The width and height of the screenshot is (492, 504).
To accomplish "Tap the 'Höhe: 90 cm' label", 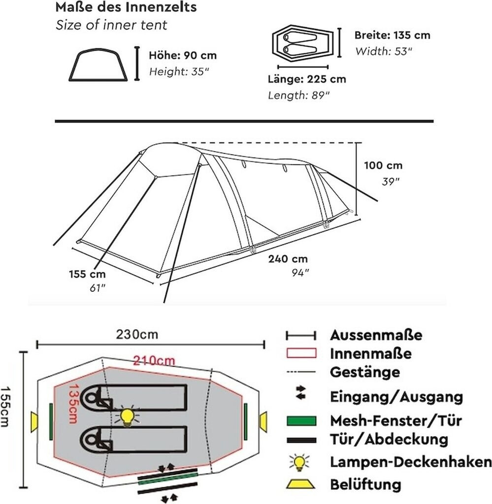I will point(183,56).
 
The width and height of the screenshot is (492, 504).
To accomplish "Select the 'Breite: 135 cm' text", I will point(392,35).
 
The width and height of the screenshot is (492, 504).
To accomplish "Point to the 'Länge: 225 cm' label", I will point(307,79).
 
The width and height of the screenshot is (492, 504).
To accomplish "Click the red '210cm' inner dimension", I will point(154,361).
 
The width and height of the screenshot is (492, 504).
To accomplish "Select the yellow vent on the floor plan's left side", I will point(34,422).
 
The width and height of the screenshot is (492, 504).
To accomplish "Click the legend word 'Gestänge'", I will point(364,372).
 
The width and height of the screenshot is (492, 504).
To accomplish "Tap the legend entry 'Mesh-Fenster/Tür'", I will point(396,421).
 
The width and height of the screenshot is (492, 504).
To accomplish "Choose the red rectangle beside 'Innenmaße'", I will point(300,353).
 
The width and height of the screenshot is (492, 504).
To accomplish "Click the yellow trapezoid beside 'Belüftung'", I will point(300,484).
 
